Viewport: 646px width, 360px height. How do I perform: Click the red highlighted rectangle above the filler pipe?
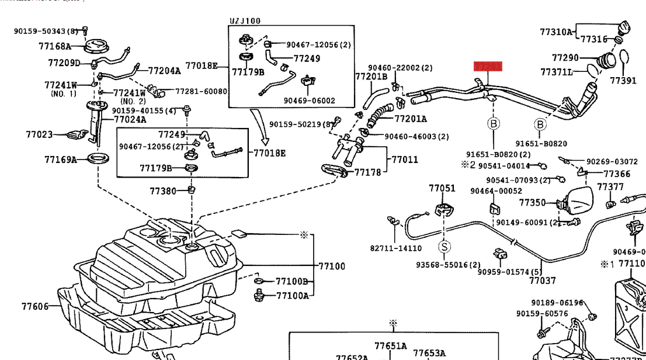coord(488,66)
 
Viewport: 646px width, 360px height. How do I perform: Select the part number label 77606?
coord(35,306)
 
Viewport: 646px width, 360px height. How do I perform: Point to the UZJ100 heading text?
coord(244,21)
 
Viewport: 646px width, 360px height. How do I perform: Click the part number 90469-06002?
coord(310,101)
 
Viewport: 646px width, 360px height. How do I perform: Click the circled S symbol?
coord(444,247)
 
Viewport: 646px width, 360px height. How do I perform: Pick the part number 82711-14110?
coord(395,248)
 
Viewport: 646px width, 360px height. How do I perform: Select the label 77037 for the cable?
coord(543,281)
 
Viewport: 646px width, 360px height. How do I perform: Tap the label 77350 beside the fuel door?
coord(532,203)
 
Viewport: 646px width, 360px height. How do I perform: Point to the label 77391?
coord(623,81)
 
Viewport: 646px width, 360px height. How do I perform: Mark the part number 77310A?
coord(556,32)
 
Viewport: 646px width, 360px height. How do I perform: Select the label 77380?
coord(163,191)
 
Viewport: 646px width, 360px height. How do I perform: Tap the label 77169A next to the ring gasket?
coord(61,160)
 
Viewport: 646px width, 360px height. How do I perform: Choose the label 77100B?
coord(291,282)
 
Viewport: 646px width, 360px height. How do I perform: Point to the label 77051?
coord(442,188)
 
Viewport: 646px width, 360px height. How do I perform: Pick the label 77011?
coord(405,159)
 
